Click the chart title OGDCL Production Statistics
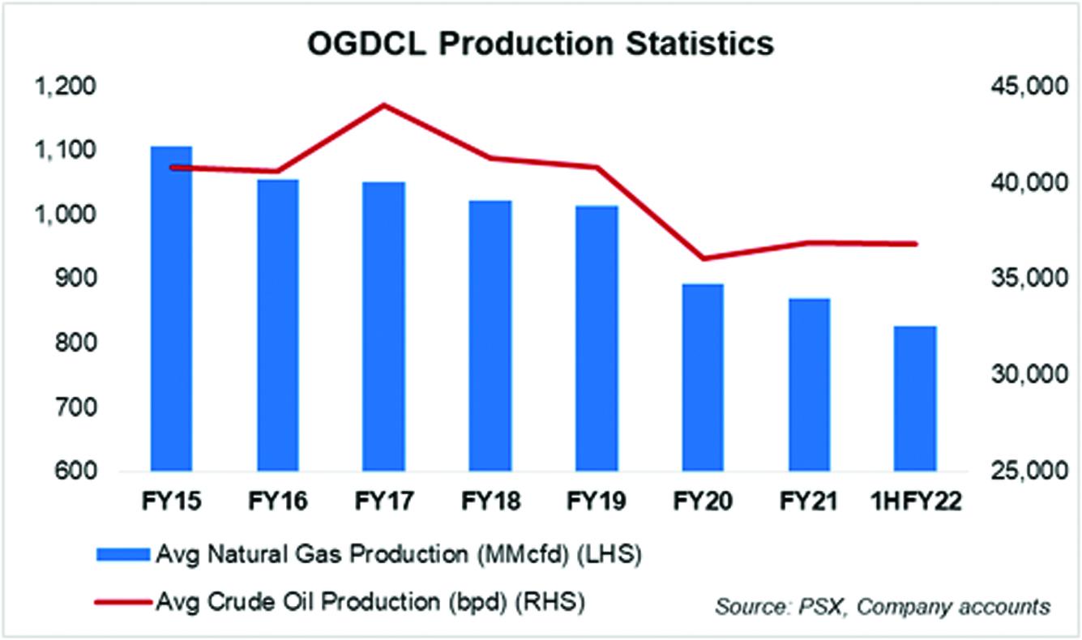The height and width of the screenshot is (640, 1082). click(x=541, y=44)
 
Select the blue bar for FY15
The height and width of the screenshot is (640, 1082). click(x=172, y=308)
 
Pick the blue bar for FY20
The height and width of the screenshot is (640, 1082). click(x=703, y=378)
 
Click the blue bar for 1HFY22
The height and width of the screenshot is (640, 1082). click(x=915, y=399)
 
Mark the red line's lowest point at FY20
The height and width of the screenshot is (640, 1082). click(x=703, y=258)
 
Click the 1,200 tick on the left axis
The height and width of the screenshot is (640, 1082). click(x=68, y=87)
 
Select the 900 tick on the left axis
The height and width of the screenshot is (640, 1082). click(x=79, y=279)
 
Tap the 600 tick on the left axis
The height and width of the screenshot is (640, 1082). click(x=79, y=472)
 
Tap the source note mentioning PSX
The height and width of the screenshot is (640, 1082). click(x=883, y=606)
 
